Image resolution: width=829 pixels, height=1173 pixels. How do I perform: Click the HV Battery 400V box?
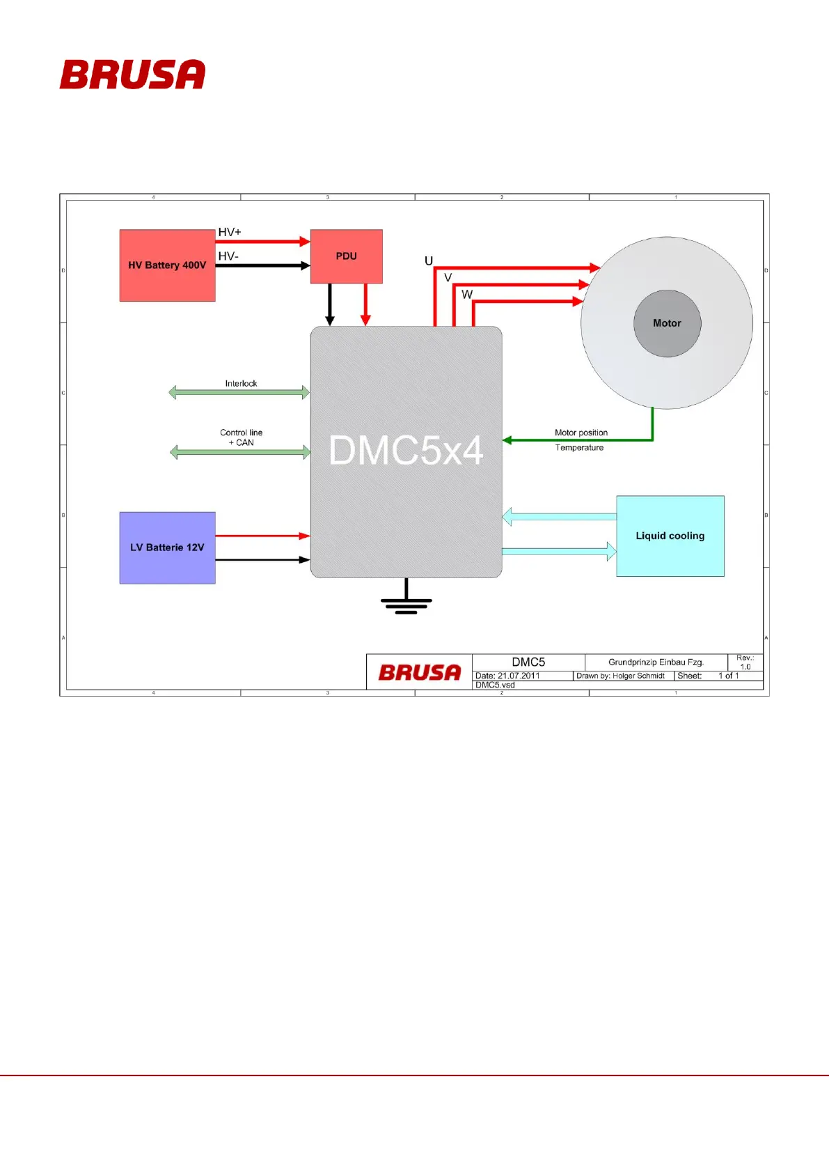(167, 265)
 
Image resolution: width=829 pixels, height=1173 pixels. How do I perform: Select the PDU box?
(346, 256)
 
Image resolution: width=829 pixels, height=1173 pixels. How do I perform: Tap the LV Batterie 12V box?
(167, 547)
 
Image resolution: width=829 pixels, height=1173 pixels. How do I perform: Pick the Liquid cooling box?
(670, 536)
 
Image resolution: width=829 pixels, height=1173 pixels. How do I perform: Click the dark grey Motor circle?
(667, 323)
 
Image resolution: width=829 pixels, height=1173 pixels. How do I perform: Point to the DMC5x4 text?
(406, 451)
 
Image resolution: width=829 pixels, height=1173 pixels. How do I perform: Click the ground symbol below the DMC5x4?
(406, 603)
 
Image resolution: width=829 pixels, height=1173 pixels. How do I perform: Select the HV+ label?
(230, 232)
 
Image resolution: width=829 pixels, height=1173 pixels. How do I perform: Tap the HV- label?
(228, 256)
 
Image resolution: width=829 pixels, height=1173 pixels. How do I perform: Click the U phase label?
(429, 261)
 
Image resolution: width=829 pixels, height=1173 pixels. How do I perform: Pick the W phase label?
(467, 295)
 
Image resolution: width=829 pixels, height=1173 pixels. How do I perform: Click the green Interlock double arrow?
(239, 393)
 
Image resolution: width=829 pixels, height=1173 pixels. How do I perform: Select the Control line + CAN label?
(241, 437)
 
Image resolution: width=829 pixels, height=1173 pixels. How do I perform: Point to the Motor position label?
(581, 433)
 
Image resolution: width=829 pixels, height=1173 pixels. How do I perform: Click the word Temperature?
(579, 448)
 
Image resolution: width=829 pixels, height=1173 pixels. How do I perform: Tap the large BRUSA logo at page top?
(132, 75)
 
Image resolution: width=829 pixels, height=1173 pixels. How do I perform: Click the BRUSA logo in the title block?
(420, 672)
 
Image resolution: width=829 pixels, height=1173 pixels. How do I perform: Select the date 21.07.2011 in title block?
(519, 676)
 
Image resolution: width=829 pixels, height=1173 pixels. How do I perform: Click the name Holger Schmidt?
(638, 676)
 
